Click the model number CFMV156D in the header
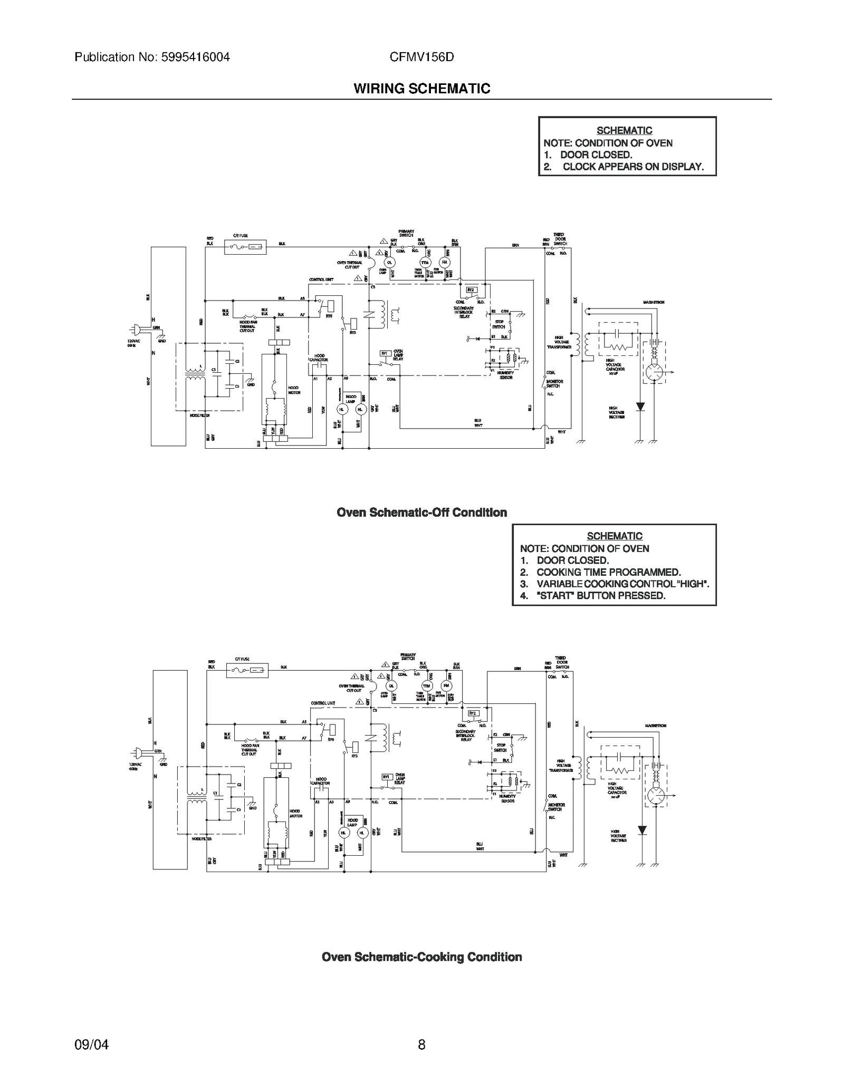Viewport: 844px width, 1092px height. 421,57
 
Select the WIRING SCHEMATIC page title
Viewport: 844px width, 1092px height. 421,89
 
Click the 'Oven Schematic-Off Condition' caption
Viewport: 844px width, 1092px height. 421,513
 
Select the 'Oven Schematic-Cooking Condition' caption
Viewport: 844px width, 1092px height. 421,957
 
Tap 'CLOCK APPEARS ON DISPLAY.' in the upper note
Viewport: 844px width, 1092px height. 632,167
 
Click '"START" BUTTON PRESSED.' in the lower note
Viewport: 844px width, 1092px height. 600,596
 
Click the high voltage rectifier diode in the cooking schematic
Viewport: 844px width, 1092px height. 642,830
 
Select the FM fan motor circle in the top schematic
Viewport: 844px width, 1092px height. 445,262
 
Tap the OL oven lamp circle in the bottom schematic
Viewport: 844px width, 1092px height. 391,686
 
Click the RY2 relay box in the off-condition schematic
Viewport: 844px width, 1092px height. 471,290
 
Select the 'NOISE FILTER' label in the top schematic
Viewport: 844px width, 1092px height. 200,415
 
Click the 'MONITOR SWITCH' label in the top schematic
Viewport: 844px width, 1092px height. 554,383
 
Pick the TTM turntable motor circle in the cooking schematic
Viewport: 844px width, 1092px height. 427,686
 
